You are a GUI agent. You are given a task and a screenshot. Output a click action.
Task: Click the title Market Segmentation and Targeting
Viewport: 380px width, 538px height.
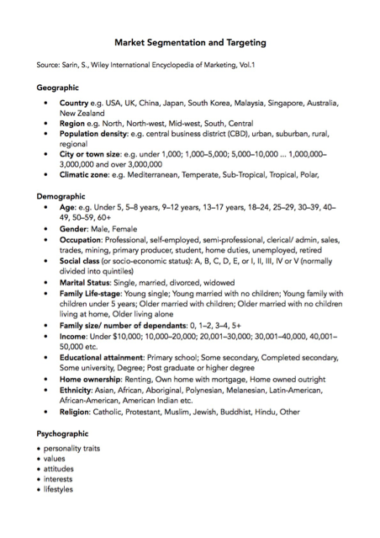pyautogui.click(x=189, y=40)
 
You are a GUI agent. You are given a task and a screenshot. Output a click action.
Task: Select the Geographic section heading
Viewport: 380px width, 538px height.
pyautogui.click(x=58, y=87)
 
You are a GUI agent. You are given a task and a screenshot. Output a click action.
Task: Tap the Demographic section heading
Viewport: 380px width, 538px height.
pyautogui.click(x=62, y=196)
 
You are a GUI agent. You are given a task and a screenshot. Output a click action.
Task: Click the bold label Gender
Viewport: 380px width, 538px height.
pyautogui.click(x=76, y=228)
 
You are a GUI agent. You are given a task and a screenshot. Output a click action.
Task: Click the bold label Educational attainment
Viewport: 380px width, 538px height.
pyautogui.click(x=109, y=358)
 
